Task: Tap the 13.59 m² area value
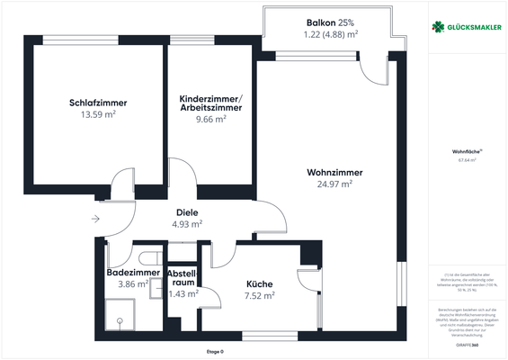98,114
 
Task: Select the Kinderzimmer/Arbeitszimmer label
210,103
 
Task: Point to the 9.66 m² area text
210,118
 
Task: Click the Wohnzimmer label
328,172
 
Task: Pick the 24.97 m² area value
328,184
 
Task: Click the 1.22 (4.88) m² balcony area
331,34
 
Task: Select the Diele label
187,213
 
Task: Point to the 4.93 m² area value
187,224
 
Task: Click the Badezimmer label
133,273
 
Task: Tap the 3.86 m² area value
133,283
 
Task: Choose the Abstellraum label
183,276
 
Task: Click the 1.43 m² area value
183,293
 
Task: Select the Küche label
260,283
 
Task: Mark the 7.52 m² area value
260,294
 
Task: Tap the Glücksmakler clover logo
438,27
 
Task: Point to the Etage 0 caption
214,351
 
